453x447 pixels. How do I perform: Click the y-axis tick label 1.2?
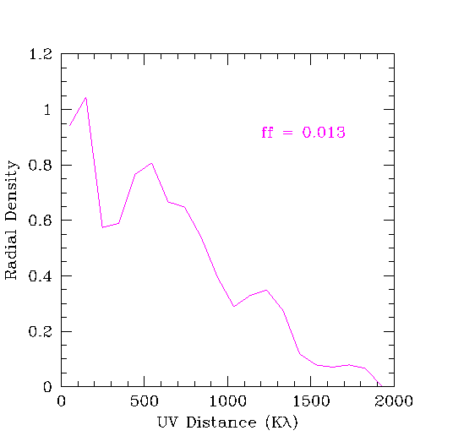41,54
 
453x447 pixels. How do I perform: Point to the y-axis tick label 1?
47,110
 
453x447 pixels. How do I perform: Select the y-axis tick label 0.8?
41,165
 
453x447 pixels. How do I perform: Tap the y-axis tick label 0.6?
41,221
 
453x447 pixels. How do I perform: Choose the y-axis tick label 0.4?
41,276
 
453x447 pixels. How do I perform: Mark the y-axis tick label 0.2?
41,331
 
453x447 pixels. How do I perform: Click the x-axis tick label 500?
145,401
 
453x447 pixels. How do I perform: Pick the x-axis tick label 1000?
227,401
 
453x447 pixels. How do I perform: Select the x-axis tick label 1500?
311,401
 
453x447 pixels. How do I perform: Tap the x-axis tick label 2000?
394,401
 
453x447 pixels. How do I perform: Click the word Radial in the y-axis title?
11,255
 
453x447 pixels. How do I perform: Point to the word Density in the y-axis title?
12,193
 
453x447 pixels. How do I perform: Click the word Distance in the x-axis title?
221,422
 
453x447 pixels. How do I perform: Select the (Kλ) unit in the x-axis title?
281,422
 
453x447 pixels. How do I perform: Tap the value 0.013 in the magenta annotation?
324,133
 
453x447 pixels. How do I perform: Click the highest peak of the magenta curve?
86,98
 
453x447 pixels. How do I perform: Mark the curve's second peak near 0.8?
151,163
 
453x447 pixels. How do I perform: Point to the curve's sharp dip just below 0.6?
102,227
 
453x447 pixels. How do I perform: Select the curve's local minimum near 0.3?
234,307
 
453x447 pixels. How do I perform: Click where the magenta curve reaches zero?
382,386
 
